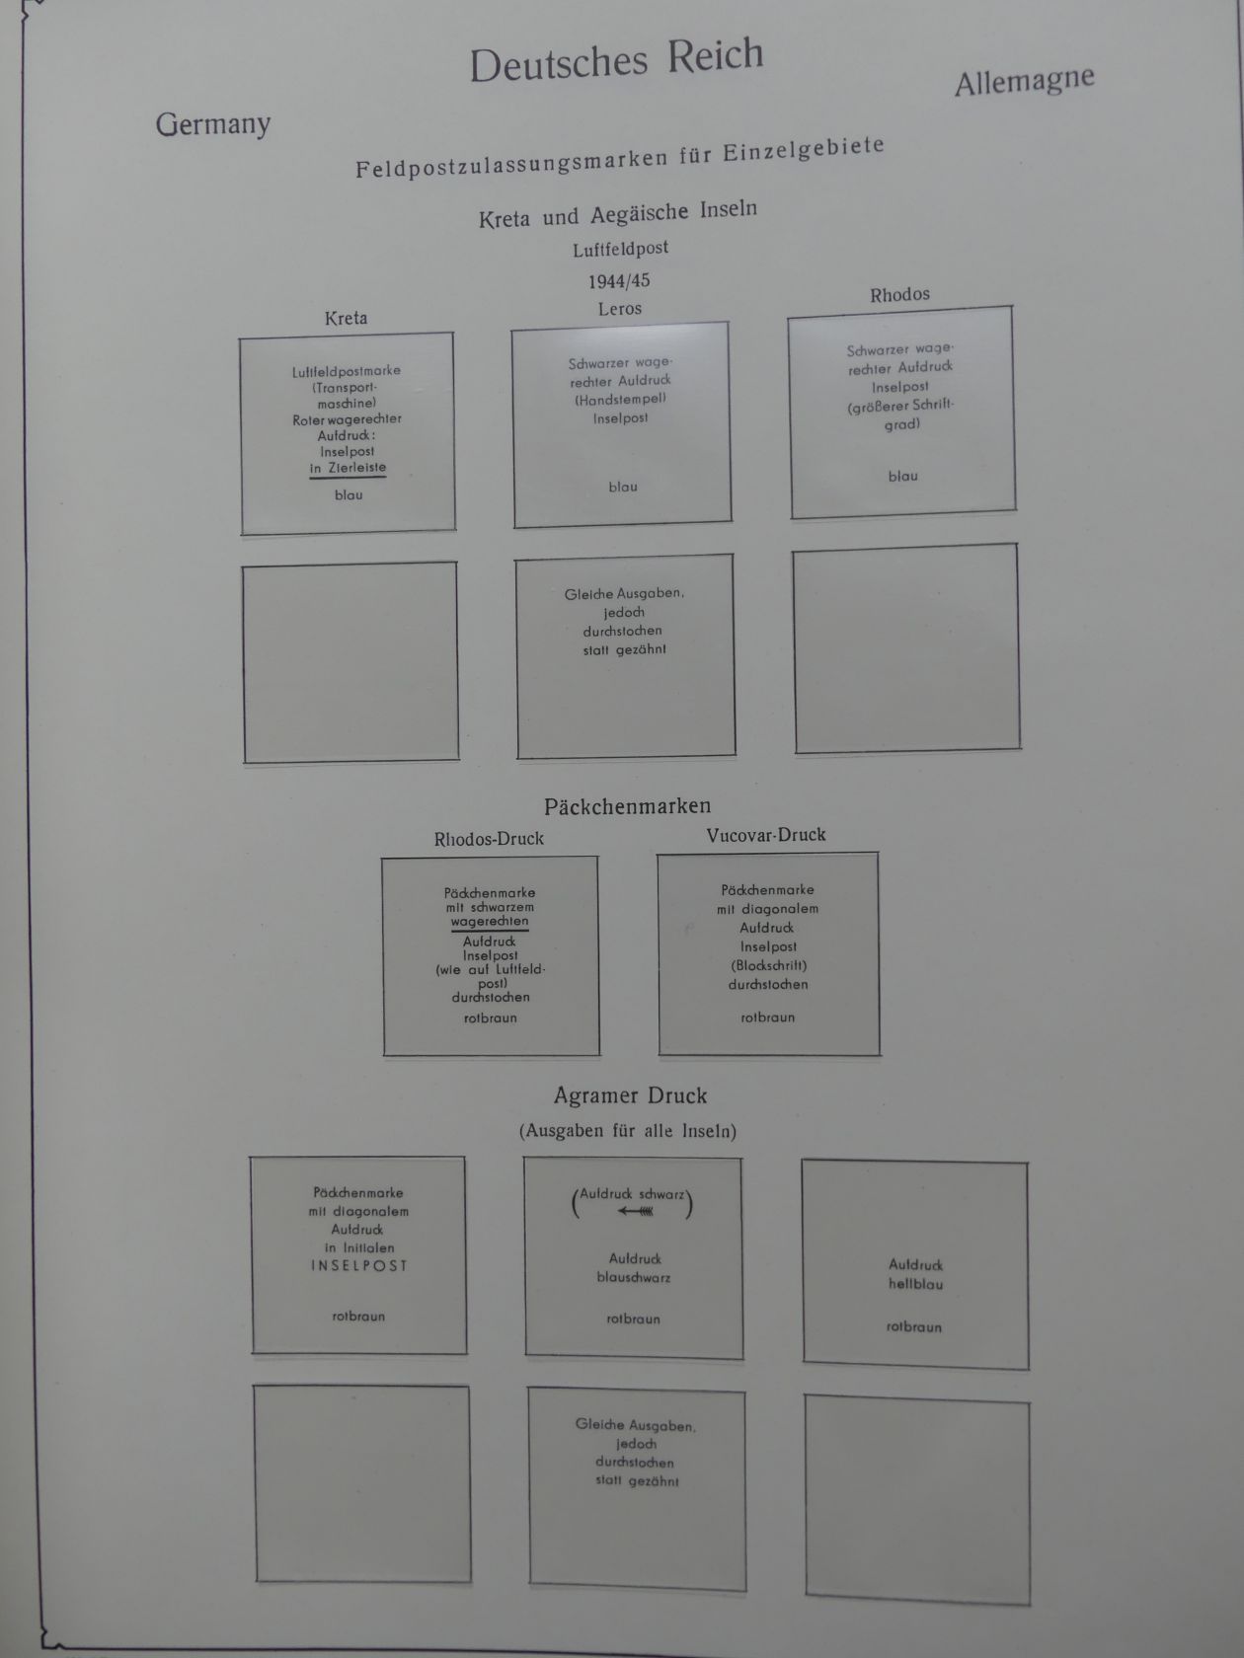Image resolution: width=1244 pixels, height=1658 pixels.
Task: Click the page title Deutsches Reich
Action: point(616,61)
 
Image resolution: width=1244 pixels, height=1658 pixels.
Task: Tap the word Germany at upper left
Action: point(213,124)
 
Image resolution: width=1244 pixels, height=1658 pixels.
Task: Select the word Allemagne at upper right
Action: point(1024,81)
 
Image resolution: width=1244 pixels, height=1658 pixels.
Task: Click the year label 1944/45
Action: point(619,280)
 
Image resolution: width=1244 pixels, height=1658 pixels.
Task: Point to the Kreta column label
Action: point(346,318)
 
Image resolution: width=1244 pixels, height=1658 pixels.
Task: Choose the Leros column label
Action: point(619,309)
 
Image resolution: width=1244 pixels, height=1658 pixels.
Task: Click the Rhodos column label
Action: point(899,295)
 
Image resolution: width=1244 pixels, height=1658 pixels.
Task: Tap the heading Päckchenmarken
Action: point(627,806)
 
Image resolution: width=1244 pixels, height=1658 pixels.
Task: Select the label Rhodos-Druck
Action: point(489,839)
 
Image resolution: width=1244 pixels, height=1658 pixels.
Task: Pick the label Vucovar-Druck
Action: point(766,835)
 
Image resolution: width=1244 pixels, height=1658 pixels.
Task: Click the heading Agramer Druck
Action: point(630,1095)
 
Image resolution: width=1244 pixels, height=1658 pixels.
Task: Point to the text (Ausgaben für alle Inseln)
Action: point(628,1131)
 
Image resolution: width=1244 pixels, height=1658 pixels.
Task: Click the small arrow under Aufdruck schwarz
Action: point(635,1212)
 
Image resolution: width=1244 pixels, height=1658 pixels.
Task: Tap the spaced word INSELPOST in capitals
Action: point(358,1266)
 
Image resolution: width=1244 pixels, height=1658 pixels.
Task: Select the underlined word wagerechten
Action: point(490,922)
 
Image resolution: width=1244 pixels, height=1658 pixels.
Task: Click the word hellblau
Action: point(915,1284)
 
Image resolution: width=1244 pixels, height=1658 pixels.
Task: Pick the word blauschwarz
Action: point(634,1277)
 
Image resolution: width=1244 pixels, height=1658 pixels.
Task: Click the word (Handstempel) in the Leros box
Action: point(620,399)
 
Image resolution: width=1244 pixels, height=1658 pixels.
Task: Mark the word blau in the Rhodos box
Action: point(902,476)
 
